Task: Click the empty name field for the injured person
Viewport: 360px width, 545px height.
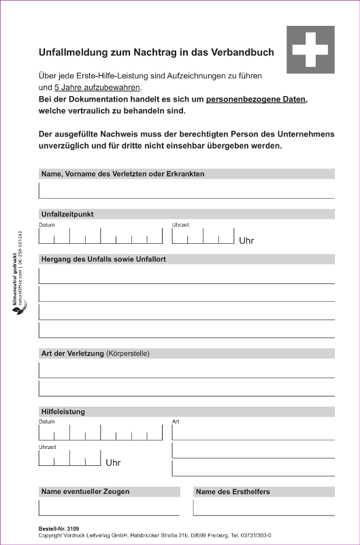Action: pyautogui.click(x=186, y=189)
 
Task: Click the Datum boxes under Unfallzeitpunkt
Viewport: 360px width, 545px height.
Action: pyautogui.click(x=101, y=236)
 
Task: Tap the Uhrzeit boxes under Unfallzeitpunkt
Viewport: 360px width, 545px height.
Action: pyautogui.click(x=203, y=236)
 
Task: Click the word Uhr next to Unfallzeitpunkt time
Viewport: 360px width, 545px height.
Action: pyautogui.click(x=246, y=240)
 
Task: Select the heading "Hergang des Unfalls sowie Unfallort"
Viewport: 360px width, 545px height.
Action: pyautogui.click(x=103, y=259)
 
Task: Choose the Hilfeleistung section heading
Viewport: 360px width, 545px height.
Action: pyautogui.click(x=63, y=411)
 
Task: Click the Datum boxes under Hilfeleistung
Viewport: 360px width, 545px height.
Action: pyautogui.click(x=101, y=433)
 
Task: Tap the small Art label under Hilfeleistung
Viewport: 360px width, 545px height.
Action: pyautogui.click(x=176, y=422)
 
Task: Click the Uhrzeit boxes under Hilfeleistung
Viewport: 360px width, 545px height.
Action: pyautogui.click(x=70, y=458)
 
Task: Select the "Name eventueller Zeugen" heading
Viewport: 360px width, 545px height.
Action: pyautogui.click(x=85, y=491)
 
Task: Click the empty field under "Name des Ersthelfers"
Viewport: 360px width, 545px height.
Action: pyautogui.click(x=263, y=508)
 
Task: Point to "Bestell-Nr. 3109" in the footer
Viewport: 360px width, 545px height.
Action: pyautogui.click(x=59, y=529)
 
